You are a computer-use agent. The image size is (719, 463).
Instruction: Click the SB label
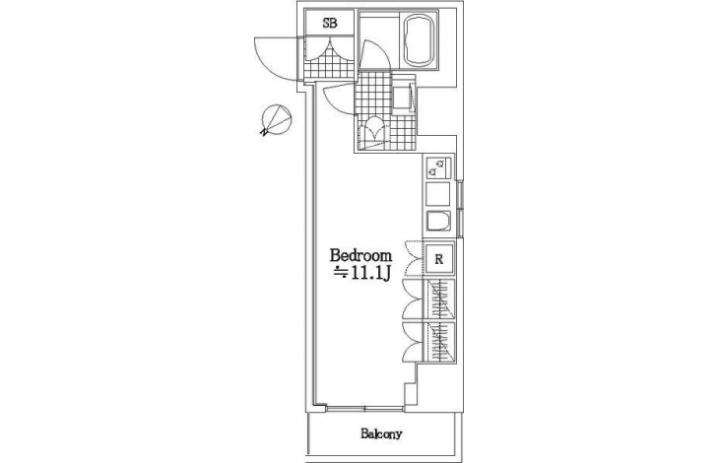[x=330, y=23]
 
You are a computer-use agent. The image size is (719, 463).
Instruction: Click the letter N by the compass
[x=264, y=133]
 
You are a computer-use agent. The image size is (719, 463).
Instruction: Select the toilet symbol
[x=376, y=132]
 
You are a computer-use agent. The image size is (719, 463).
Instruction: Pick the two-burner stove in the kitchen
[x=438, y=168]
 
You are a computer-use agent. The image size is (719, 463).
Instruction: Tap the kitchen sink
[x=438, y=222]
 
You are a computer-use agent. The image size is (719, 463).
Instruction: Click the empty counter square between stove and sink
[x=438, y=194]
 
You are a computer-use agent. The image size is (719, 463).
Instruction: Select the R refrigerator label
[x=439, y=260]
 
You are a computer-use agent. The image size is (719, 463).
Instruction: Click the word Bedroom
[x=361, y=255]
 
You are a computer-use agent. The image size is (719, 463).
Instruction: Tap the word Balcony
[x=381, y=433]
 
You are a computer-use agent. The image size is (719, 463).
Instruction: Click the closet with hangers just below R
[x=439, y=298]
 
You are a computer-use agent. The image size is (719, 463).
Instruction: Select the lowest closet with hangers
[x=439, y=342]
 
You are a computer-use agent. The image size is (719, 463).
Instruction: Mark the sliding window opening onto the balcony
[x=365, y=407]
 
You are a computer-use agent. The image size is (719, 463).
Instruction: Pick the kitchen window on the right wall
[x=461, y=209]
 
